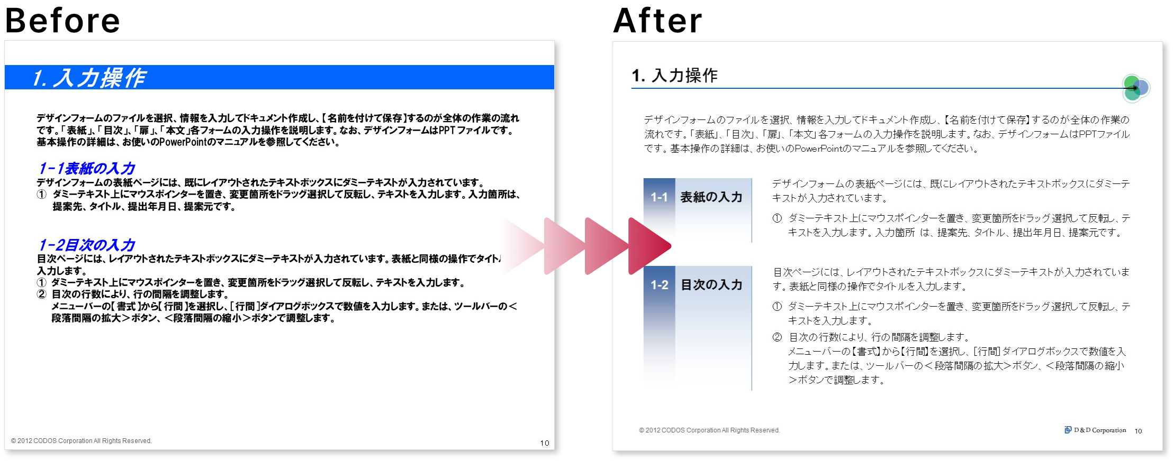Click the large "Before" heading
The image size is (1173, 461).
coord(62,21)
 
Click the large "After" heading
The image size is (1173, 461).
coord(657,21)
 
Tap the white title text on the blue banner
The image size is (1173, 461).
coord(88,78)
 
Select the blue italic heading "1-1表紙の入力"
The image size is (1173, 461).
coord(87,168)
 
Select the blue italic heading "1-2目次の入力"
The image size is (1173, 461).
coord(87,245)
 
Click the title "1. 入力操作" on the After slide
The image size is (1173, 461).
coord(674,76)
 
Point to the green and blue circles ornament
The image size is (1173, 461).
coord(1135,88)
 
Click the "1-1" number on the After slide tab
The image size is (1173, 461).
coord(659,197)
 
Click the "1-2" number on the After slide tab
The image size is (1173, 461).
coord(659,285)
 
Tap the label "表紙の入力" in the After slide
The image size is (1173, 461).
coord(711,197)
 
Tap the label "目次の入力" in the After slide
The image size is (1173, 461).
coord(711,285)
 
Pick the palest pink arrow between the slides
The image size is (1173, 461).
coord(522,246)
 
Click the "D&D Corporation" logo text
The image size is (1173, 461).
coord(1099,430)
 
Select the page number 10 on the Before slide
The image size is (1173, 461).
coord(545,443)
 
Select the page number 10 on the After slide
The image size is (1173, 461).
coord(1138,431)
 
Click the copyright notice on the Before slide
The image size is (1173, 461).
coord(81,441)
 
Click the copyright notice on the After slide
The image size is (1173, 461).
coord(709,430)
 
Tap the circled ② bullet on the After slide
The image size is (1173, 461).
coord(777,337)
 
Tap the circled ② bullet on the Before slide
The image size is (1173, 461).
coord(41,294)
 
